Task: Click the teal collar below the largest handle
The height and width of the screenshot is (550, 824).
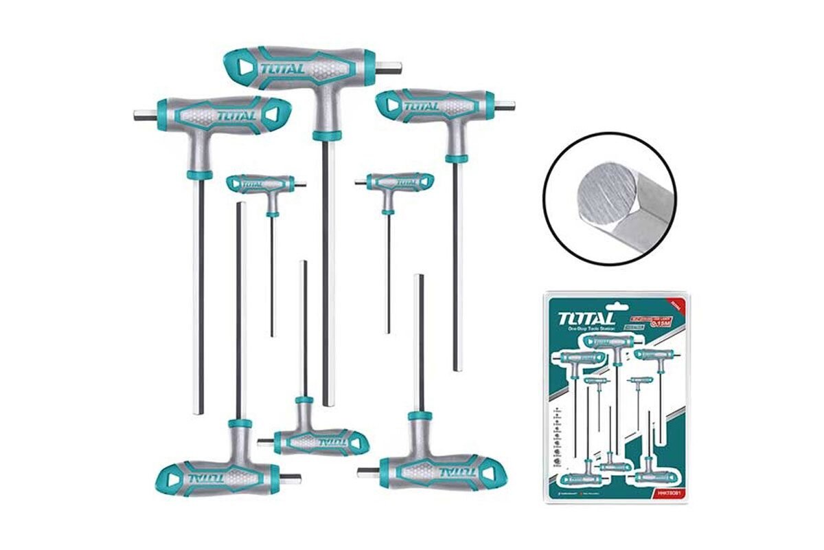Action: click(327, 135)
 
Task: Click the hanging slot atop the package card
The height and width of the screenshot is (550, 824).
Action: click(616, 297)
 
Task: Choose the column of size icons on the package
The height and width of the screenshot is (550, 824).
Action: click(556, 440)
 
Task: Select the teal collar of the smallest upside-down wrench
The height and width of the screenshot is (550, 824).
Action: click(304, 400)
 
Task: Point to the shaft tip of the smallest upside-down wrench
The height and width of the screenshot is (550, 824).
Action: click(304, 263)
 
